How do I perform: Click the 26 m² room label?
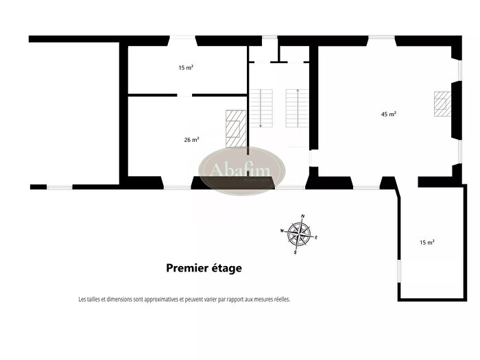[191, 140]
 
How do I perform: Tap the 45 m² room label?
[389, 114]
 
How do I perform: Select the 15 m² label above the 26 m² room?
[186, 68]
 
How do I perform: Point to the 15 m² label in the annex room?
[427, 242]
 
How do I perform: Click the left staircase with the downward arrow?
[261, 108]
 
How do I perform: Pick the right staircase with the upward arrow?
[298, 108]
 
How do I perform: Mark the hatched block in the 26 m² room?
[236, 128]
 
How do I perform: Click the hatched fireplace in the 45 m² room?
[442, 104]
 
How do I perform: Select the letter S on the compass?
[295, 253]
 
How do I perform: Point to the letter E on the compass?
[316, 238]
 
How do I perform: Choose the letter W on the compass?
[282, 231]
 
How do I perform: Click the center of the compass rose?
[299, 235]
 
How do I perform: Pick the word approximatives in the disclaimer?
[159, 300]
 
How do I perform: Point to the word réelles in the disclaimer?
[280, 300]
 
